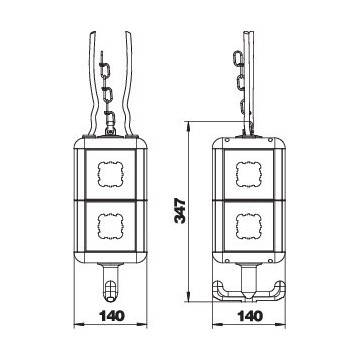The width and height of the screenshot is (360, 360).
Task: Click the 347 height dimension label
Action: [x=180, y=211]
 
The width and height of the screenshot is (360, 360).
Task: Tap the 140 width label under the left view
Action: [x=110, y=315]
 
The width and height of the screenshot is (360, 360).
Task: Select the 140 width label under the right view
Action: [x=249, y=315]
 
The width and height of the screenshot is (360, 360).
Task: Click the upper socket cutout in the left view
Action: [x=110, y=174]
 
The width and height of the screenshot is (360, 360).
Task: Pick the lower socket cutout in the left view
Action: [x=110, y=226]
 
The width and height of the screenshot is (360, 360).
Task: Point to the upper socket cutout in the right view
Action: [x=248, y=174]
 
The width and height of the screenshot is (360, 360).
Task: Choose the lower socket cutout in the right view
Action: [x=248, y=226]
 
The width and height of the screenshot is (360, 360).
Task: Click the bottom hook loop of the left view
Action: [x=110, y=292]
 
